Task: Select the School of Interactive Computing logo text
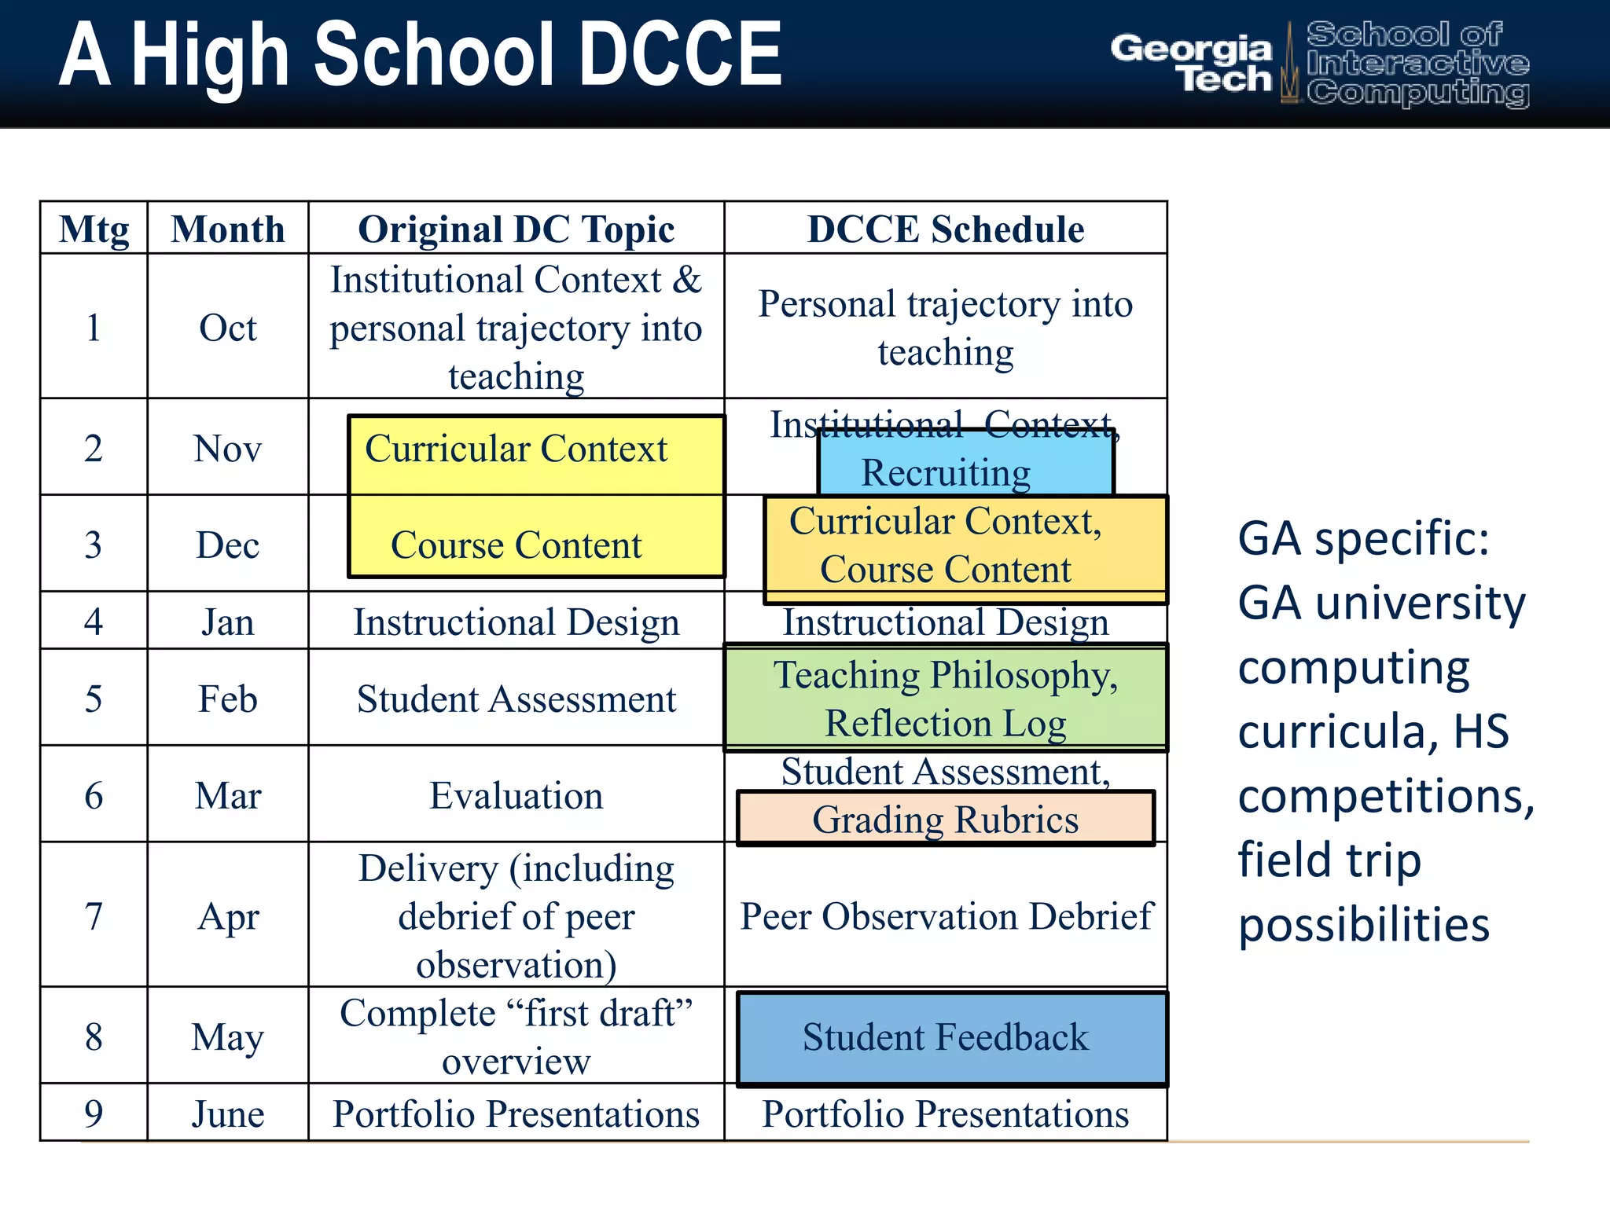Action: pos(1417,64)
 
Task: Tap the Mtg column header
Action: pos(94,229)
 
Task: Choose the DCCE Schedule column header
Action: pos(945,229)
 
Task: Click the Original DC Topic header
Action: pos(516,229)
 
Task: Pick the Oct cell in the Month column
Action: pos(227,328)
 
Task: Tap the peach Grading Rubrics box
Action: pos(945,820)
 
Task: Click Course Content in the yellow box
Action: pos(516,545)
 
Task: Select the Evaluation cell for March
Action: pos(516,795)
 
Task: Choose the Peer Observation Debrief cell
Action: pos(945,916)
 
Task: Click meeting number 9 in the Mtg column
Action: pos(94,1113)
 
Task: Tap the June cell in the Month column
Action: pos(227,1113)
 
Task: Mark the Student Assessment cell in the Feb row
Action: pos(516,699)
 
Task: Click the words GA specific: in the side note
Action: pos(1363,539)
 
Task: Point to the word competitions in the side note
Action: pos(1385,796)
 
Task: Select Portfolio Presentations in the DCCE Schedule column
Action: pos(945,1113)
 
